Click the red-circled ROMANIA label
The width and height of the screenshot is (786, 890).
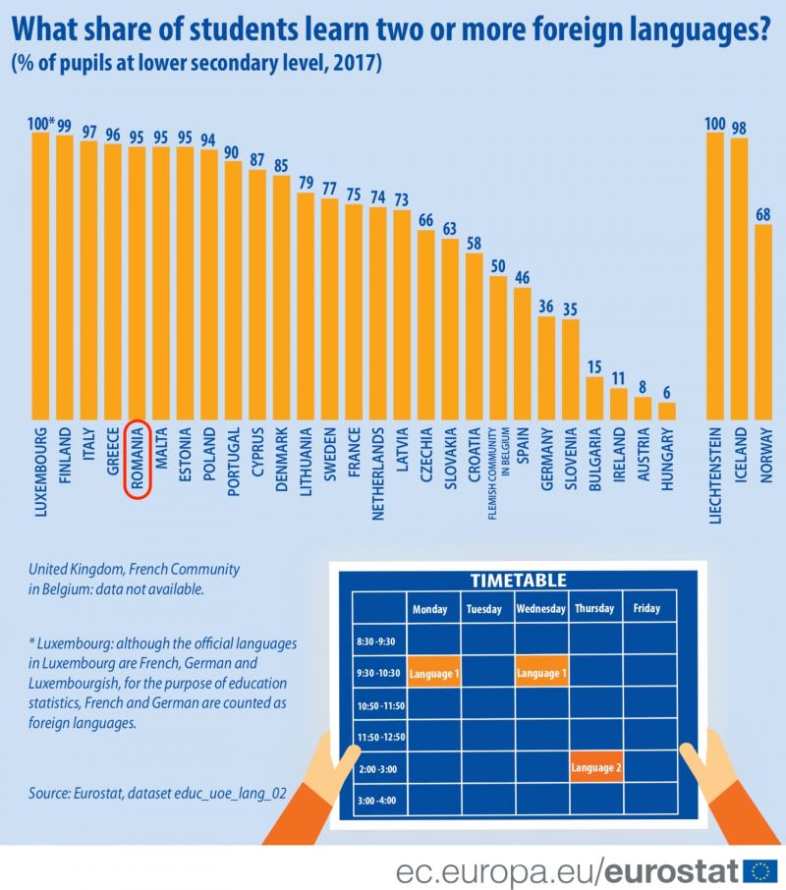(138, 459)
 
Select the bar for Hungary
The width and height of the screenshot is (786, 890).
(667, 410)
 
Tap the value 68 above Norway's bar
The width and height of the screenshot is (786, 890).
(763, 214)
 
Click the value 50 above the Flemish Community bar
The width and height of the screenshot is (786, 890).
(498, 266)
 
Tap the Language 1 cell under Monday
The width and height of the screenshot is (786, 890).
(433, 673)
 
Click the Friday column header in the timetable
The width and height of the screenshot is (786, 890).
(646, 608)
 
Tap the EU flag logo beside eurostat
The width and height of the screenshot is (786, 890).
(760, 869)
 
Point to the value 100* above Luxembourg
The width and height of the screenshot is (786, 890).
(41, 124)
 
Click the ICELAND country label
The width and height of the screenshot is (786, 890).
(739, 453)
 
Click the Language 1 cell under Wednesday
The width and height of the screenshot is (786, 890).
(541, 673)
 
